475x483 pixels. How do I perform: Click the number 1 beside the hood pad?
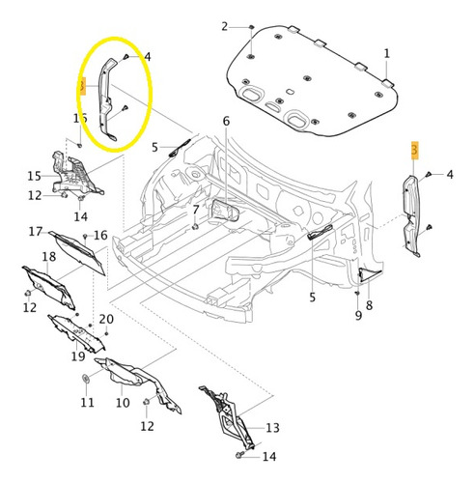click(387, 53)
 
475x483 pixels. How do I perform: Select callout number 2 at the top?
click(225, 25)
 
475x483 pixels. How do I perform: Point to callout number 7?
click(195, 209)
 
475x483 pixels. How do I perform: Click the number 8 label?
click(369, 305)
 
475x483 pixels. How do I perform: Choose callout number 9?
click(356, 314)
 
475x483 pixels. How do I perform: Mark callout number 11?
click(87, 402)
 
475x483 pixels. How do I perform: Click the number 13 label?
click(271, 427)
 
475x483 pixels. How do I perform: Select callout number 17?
click(35, 232)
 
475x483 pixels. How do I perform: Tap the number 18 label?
click(22, 257)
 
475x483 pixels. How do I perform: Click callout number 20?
click(106, 319)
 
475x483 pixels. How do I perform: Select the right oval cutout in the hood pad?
click(297, 119)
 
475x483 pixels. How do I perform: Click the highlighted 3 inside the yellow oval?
click(83, 88)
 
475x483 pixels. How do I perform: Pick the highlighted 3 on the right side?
click(415, 150)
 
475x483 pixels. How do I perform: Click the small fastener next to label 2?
click(248, 27)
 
